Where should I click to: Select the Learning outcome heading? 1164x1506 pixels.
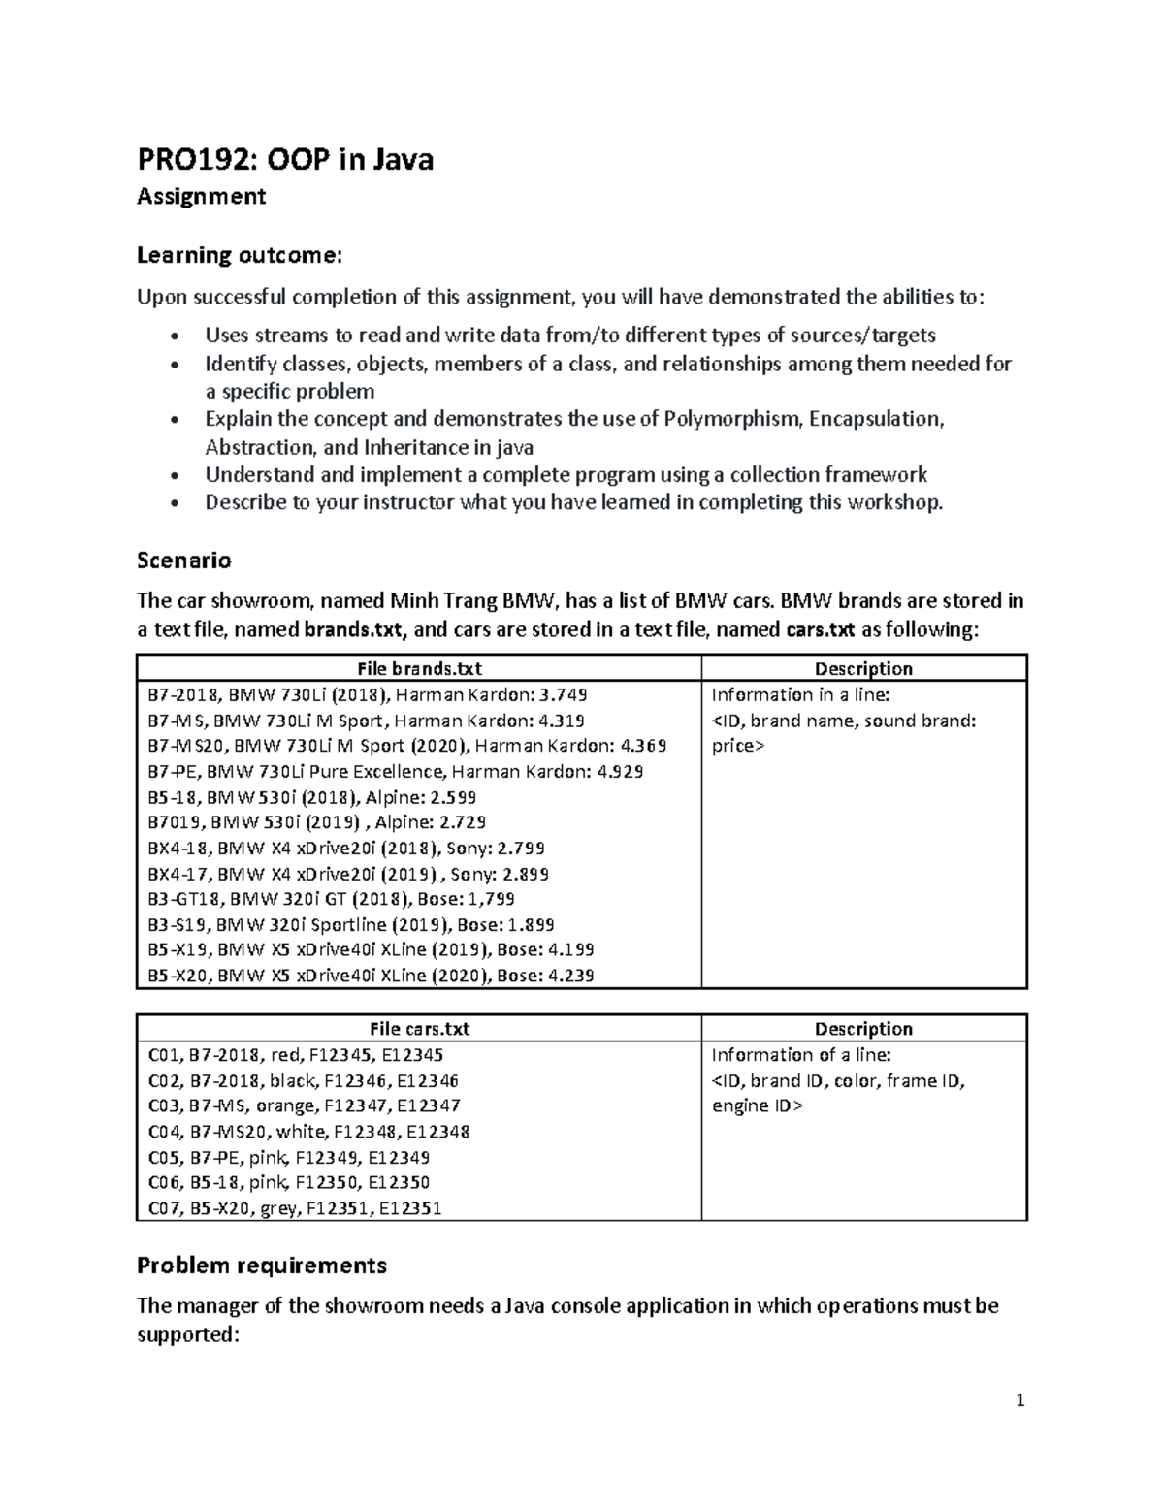tap(239, 255)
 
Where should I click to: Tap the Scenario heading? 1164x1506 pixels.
tap(183, 561)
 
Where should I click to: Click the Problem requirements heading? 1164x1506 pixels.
tap(261, 1265)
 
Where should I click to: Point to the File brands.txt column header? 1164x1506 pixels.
tap(419, 668)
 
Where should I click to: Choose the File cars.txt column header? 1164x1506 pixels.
tap(419, 1029)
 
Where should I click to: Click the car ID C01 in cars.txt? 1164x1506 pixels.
tap(161, 1055)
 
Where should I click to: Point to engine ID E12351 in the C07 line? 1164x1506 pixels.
tap(410, 1208)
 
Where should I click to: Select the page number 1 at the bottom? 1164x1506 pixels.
tap(1019, 1400)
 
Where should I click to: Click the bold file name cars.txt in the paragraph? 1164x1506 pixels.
tap(819, 629)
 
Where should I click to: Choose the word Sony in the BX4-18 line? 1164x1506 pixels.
tap(468, 849)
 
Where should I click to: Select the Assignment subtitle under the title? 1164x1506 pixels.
tap(201, 197)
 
